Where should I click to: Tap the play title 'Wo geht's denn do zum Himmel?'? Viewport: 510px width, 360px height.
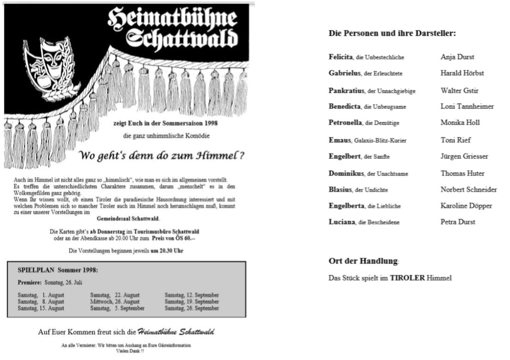162,156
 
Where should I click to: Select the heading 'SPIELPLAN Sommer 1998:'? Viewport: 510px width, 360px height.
58,270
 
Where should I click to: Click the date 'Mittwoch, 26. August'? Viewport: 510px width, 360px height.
115,302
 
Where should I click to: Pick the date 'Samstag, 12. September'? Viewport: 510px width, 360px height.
192,295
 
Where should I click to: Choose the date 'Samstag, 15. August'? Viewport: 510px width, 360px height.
41,308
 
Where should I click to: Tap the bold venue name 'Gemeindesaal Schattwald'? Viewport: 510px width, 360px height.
128,219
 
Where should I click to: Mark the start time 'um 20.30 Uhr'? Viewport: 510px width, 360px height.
167,250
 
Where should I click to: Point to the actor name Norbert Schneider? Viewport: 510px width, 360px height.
469,189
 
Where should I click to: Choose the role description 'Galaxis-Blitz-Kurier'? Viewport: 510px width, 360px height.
380,141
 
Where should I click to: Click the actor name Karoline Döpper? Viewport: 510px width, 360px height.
466,205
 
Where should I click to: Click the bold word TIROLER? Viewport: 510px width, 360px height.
407,278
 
